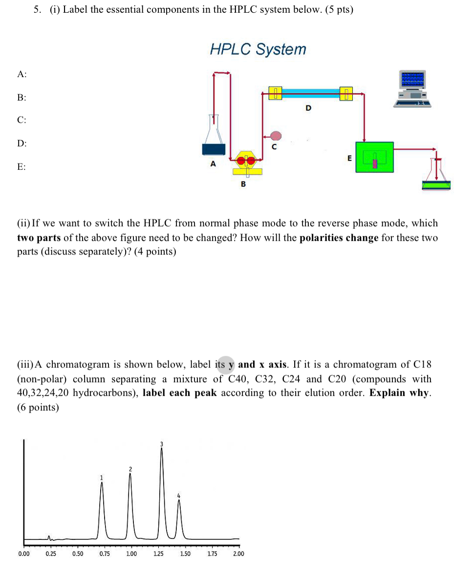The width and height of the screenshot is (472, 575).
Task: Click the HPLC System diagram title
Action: click(258, 49)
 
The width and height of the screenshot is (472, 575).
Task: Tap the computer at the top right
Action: click(413, 88)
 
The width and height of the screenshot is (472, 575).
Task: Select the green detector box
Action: click(374, 157)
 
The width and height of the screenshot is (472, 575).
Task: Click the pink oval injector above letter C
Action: click(276, 135)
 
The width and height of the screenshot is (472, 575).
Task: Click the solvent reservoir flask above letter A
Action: click(214, 139)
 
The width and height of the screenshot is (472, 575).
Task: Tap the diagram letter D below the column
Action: click(308, 107)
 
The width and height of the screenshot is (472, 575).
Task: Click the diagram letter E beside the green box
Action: click(349, 158)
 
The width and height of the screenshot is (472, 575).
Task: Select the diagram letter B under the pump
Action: click(243, 184)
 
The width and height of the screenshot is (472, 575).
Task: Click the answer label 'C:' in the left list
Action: click(21, 120)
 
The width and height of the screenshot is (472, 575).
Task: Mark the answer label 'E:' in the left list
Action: click(21, 167)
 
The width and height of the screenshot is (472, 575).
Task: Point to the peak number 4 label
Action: click(178, 495)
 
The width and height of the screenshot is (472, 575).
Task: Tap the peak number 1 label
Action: click(102, 477)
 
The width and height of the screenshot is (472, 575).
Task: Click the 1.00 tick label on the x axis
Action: click(131, 554)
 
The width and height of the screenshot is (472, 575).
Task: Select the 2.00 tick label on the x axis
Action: click(238, 554)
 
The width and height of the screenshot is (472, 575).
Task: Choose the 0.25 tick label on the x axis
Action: click(50, 554)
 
